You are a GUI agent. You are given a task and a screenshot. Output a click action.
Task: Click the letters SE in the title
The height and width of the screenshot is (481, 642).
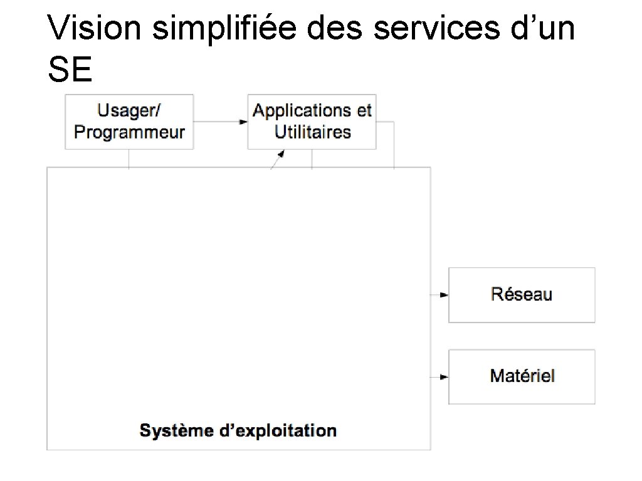click(70, 71)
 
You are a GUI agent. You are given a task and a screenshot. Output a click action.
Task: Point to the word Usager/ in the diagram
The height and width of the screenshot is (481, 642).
click(129, 111)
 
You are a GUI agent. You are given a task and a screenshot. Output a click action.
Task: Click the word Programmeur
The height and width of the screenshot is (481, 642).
click(129, 133)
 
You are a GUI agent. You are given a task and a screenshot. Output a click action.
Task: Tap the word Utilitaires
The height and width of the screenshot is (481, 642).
click(312, 133)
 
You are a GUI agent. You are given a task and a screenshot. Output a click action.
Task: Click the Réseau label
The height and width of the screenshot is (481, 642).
click(522, 294)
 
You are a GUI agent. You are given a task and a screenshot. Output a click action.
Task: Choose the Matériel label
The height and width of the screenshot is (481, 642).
click(522, 376)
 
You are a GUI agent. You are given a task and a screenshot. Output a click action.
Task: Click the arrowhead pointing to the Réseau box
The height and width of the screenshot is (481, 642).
click(444, 295)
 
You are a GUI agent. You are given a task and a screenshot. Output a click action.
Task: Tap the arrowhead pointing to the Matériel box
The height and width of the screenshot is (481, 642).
click(444, 377)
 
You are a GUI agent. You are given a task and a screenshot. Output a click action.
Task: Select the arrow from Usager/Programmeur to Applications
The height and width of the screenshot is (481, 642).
click(219, 122)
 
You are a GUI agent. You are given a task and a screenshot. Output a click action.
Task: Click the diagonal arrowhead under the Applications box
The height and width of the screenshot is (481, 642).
click(282, 153)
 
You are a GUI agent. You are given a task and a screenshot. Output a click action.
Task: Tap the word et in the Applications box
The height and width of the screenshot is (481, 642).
click(364, 111)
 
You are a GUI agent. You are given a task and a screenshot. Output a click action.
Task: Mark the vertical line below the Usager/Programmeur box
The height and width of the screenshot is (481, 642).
click(129, 158)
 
